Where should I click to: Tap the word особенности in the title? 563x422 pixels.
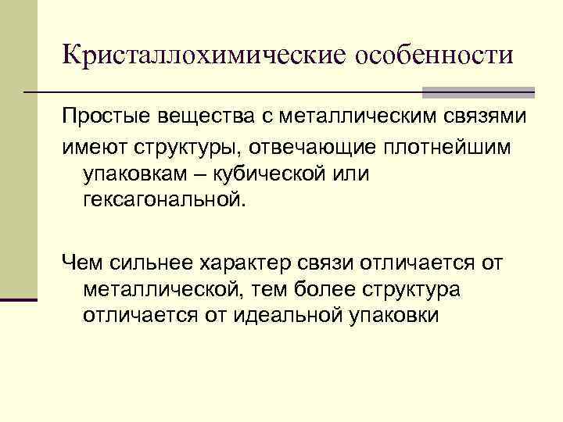coord(434,55)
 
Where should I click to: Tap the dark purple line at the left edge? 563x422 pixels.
coord(19,299)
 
